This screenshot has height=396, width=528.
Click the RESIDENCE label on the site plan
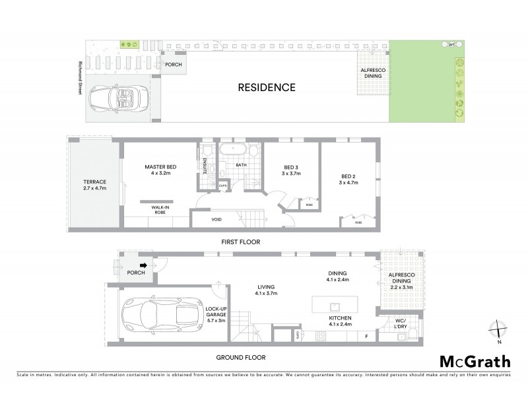coord(267,87)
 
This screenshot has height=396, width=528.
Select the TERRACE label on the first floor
coord(94,185)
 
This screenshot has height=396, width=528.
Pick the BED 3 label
coord(291,170)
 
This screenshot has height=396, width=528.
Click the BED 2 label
coord(348,180)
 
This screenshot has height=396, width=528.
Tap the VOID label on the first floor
coord(216,219)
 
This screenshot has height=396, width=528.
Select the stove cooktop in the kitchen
coord(322,336)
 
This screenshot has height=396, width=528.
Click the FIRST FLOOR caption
coord(240,242)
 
